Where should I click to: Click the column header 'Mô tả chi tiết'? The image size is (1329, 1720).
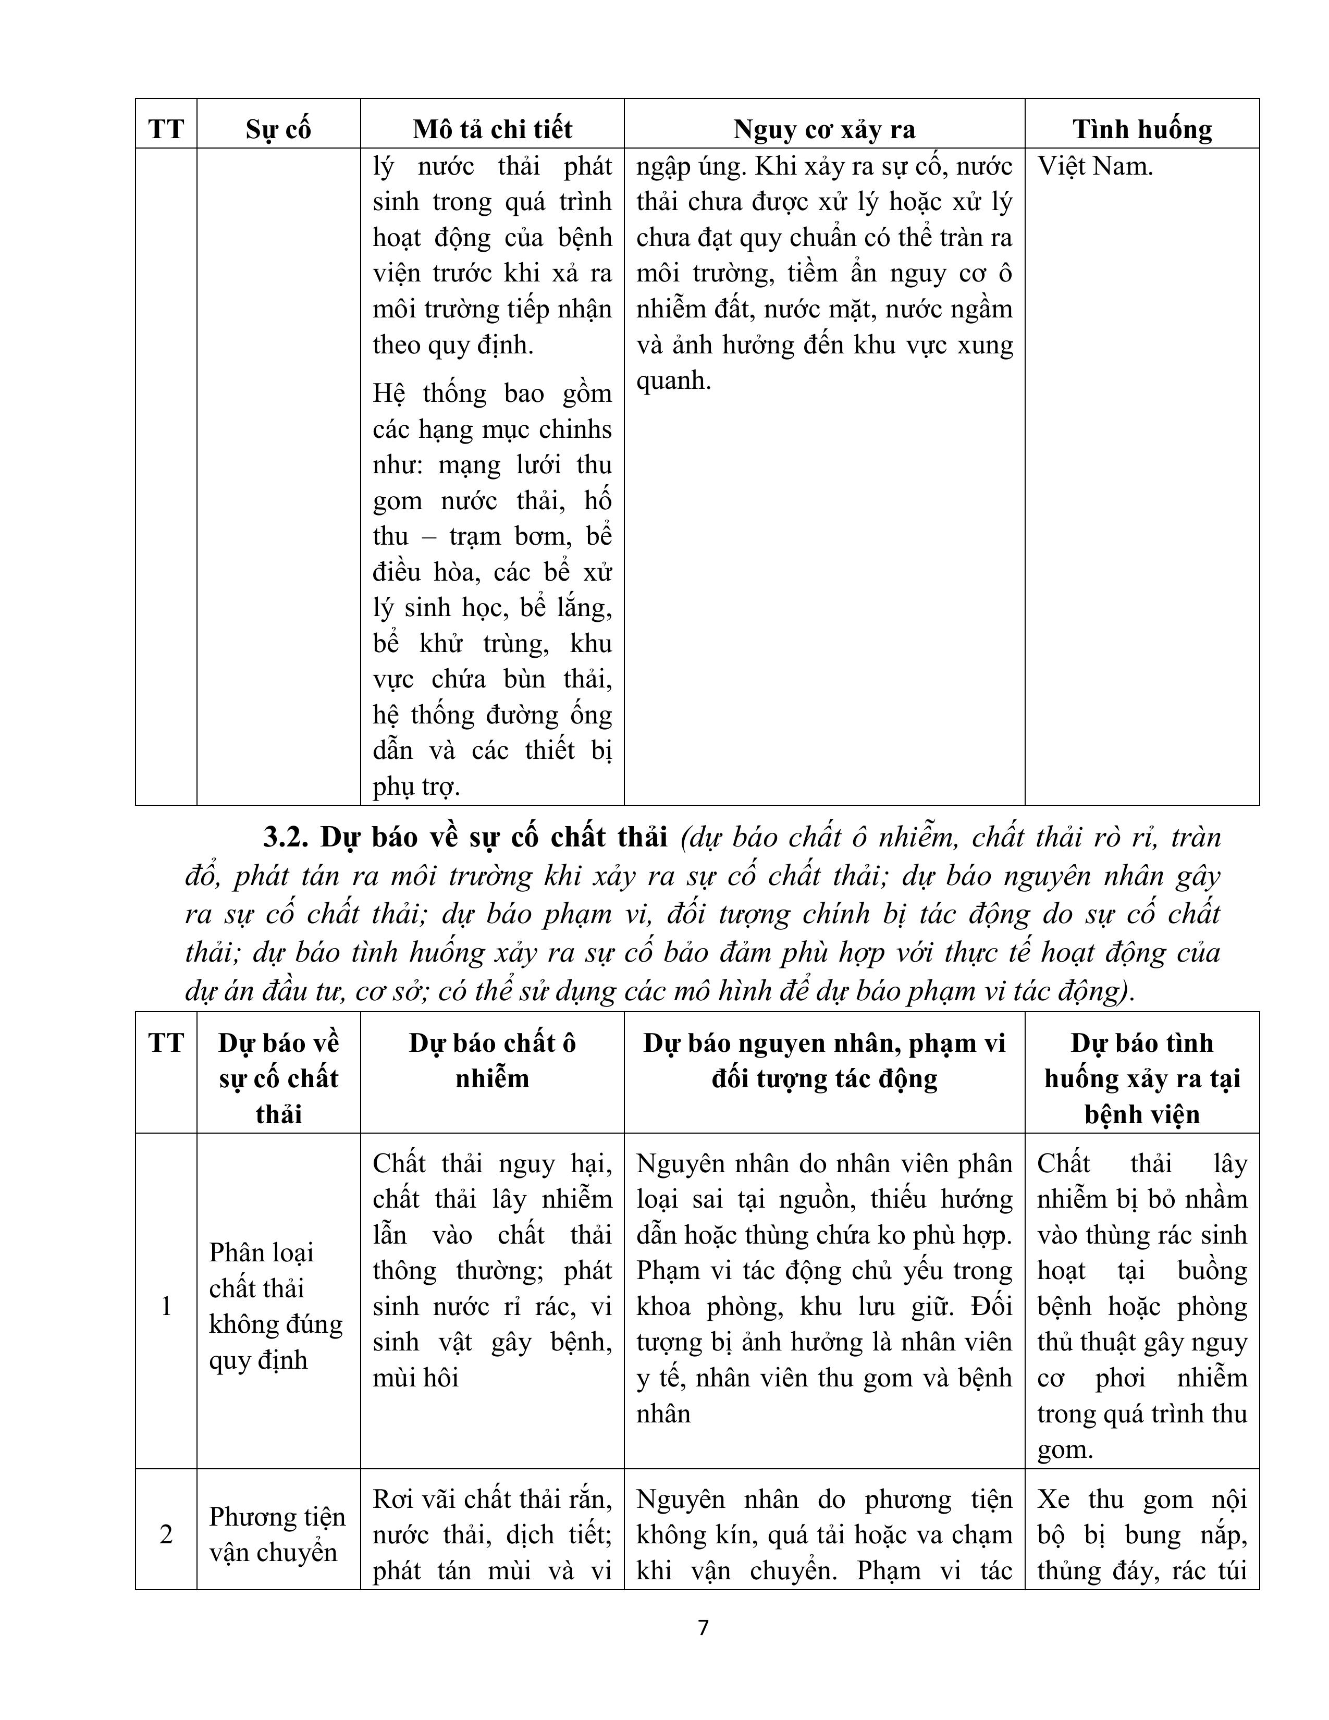click(x=492, y=129)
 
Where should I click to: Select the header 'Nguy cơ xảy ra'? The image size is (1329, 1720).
click(x=825, y=129)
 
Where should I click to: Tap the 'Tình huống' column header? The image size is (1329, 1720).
click(x=1141, y=129)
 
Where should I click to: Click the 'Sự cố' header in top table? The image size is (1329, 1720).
click(x=278, y=129)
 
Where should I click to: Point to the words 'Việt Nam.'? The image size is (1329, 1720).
click(x=1095, y=167)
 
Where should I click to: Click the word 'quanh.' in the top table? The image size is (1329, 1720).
click(x=673, y=381)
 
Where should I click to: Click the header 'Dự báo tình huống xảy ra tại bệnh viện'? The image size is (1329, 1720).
click(x=1141, y=1078)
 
